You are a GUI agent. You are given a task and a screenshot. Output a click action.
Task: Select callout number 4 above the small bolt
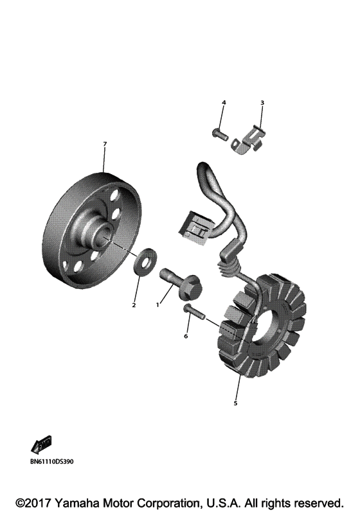pyautogui.click(x=224, y=103)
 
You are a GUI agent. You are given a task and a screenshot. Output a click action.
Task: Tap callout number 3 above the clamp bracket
pyautogui.click(x=262, y=103)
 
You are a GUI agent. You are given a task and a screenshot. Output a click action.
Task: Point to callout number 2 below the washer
pyautogui.click(x=134, y=305)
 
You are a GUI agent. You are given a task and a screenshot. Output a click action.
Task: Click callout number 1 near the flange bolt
pyautogui.click(x=157, y=305)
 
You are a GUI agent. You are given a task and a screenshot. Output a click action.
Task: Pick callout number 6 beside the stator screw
pyautogui.click(x=186, y=335)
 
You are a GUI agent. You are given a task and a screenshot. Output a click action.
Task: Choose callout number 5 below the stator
pyautogui.click(x=235, y=403)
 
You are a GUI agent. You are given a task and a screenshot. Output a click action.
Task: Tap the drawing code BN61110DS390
pyautogui.click(x=52, y=461)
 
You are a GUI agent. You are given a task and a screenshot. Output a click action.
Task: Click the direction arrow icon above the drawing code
pyautogui.click(x=40, y=445)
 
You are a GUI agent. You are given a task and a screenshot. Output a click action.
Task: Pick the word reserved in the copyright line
pyautogui.click(x=319, y=502)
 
